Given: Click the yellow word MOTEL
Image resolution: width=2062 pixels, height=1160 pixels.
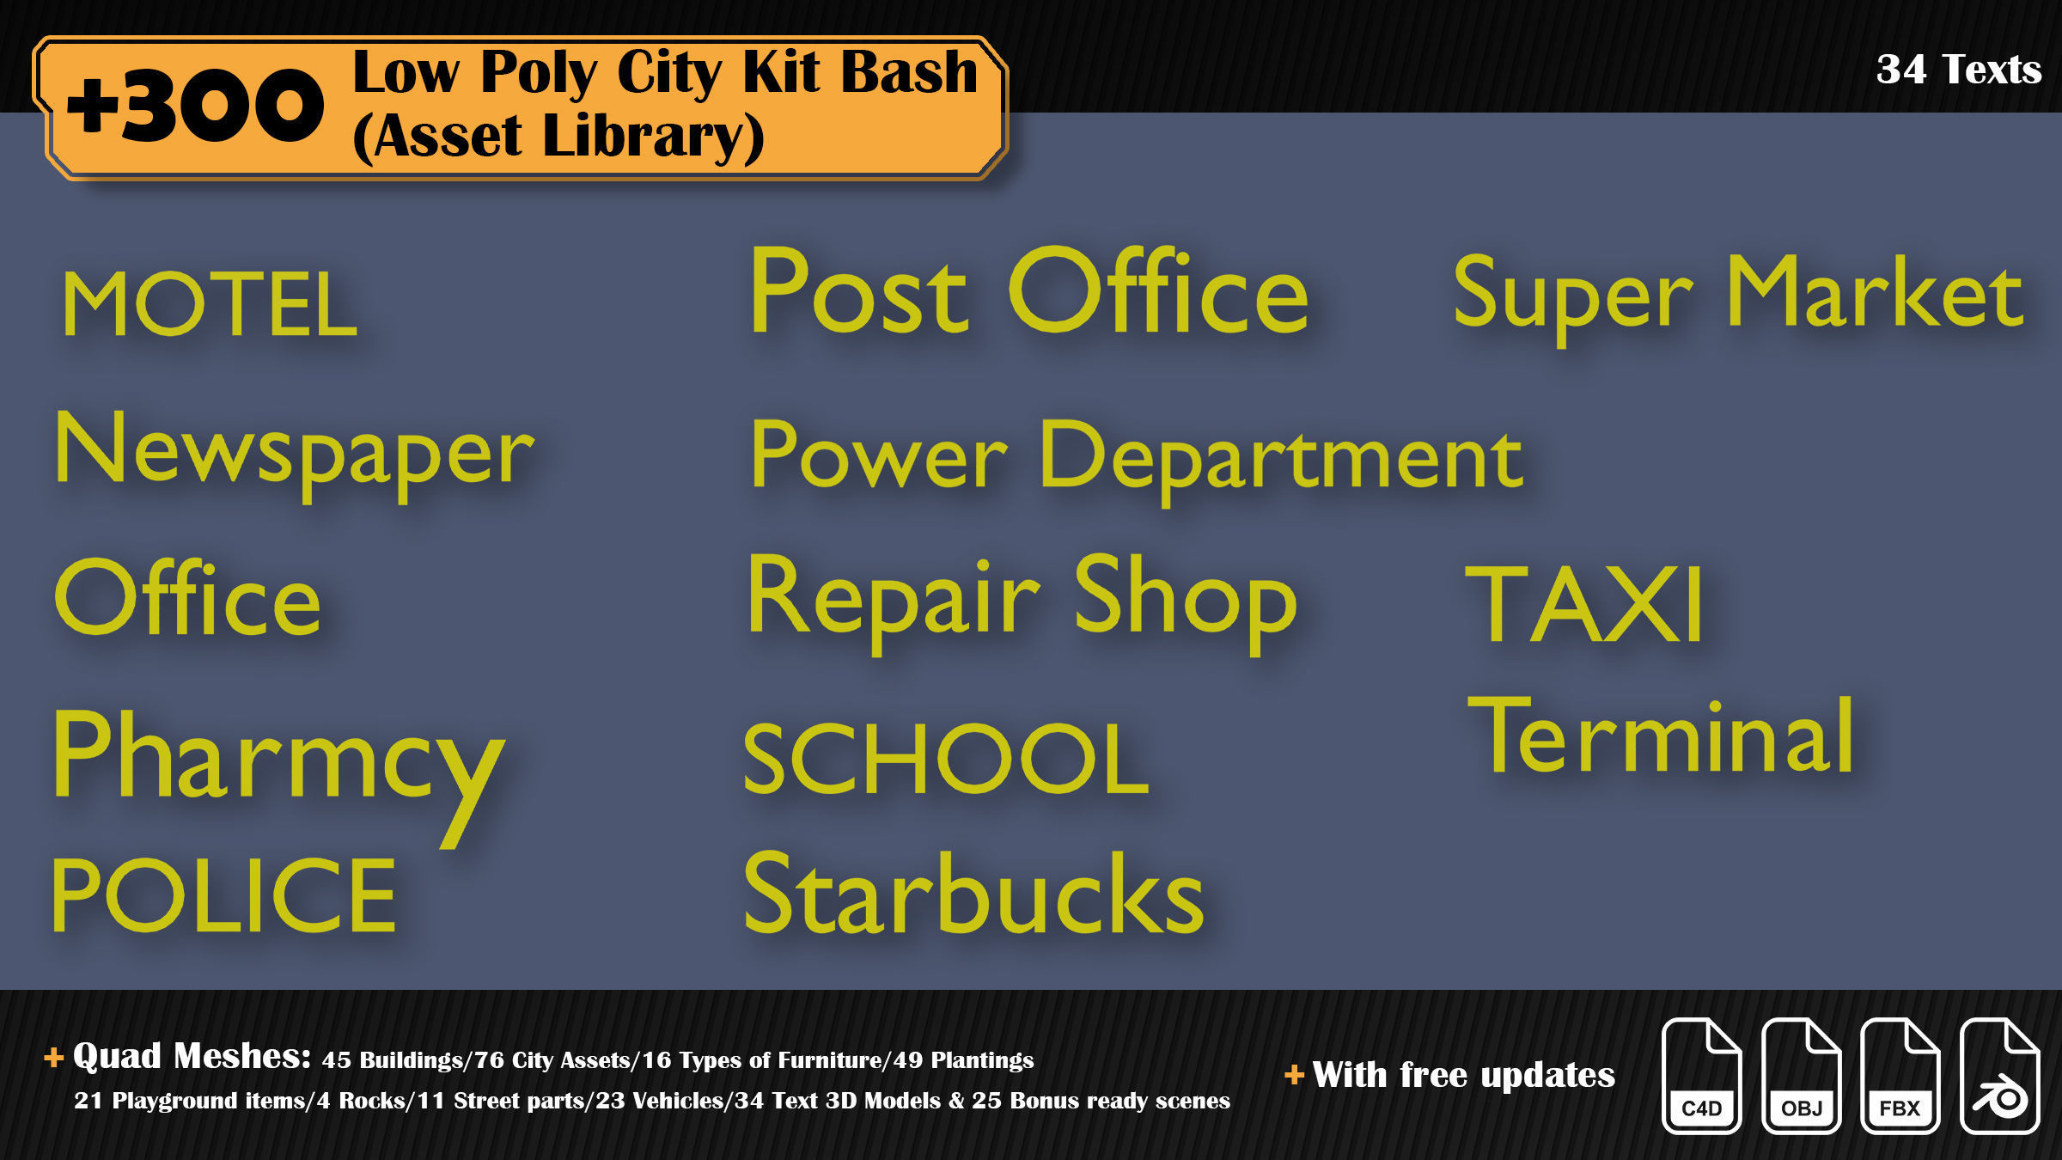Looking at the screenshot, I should point(209,304).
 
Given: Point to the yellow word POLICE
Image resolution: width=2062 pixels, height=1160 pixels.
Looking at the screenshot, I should point(223,895).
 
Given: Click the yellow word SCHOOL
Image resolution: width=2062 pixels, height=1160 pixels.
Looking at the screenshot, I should point(945,759).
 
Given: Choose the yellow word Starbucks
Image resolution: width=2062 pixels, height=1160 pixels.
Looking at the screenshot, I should point(973,894).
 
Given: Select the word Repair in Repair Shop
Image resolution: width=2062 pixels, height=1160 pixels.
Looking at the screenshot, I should point(894,598).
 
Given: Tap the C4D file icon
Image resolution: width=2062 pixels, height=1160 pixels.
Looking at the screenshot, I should point(1701,1076).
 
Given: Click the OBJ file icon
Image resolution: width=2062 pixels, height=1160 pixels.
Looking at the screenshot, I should point(1801,1076).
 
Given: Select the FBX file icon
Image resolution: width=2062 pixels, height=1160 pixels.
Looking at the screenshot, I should point(1900,1076).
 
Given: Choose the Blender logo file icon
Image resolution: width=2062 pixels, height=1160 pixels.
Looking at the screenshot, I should point(1999,1076).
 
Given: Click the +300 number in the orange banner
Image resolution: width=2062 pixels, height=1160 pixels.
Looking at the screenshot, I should point(196,107).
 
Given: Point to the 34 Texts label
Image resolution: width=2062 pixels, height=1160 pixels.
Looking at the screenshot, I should point(1958,69).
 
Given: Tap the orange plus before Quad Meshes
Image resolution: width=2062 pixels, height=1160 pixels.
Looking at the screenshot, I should point(53,1057).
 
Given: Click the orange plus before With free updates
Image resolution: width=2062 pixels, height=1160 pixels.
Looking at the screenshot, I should point(1294,1074).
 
